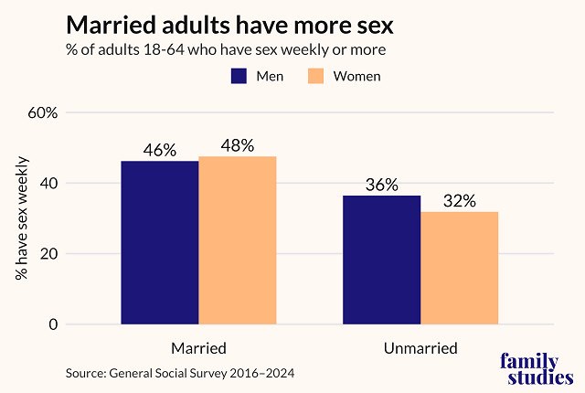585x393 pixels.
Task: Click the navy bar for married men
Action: [160, 242]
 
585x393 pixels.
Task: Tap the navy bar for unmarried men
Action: [382, 260]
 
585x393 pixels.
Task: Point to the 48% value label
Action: [237, 146]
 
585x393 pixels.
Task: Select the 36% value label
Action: [382, 185]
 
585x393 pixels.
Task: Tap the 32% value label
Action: [459, 201]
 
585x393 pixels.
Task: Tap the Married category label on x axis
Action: [198, 348]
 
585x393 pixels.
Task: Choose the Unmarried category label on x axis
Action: [420, 348]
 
